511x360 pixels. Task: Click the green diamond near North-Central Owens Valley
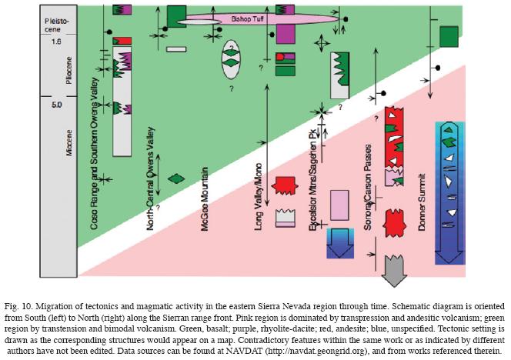tap(178, 178)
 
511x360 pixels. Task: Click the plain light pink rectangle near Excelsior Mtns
tap(339, 206)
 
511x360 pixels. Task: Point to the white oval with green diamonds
tap(231, 58)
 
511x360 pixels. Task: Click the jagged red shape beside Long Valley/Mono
tap(286, 185)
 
